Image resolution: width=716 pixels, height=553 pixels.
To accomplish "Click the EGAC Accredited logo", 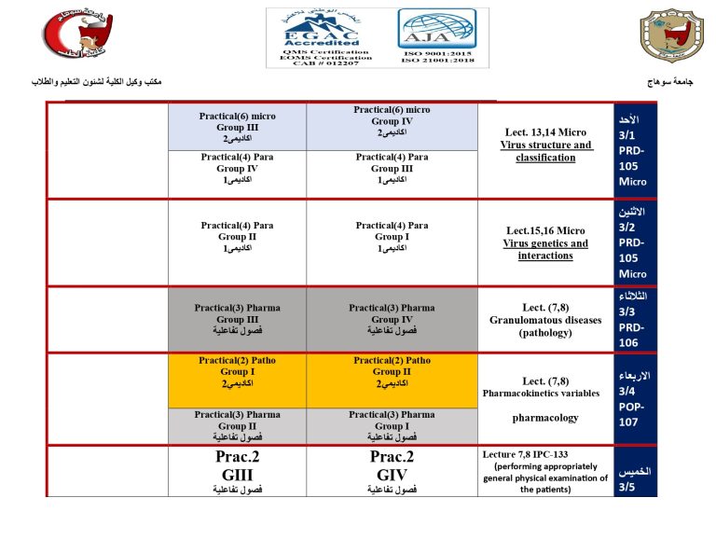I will pos(320,37).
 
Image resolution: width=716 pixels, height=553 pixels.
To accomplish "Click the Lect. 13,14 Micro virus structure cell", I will pos(545,150).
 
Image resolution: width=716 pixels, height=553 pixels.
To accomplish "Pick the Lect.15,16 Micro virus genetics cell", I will pos(545,242).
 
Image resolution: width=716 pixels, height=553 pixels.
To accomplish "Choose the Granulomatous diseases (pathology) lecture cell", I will pos(545,319).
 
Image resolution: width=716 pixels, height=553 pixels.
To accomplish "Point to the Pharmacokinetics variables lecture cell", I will pos(545,399).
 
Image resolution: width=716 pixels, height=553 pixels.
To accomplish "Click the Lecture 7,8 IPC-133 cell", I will pos(545,472).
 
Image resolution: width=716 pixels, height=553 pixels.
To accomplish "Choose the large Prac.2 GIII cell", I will pos(237,472).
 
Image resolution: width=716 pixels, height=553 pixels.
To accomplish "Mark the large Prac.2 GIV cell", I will pos(392,472).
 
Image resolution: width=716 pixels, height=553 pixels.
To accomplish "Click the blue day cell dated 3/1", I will pos(635,150).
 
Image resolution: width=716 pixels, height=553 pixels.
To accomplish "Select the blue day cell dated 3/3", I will pos(635,319).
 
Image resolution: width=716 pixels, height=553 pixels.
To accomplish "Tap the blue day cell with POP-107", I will pos(635,399).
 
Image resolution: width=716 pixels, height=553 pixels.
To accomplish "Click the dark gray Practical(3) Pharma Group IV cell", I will pos(392,319).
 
